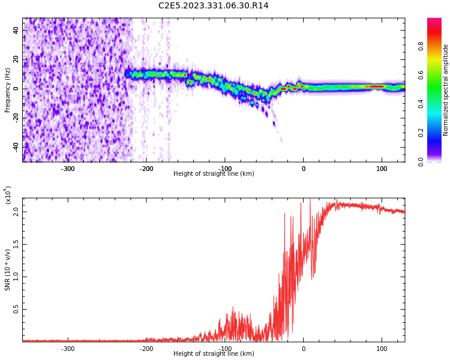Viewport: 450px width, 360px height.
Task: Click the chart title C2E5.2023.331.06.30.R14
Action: pyautogui.click(x=213, y=6)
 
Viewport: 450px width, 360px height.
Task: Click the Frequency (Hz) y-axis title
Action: pyautogui.click(x=8, y=90)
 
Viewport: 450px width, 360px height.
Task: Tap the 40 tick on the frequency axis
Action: pyautogui.click(x=16, y=30)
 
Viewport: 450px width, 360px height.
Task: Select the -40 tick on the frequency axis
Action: pyautogui.click(x=14, y=146)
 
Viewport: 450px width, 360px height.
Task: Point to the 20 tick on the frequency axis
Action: pyautogui.click(x=16, y=59)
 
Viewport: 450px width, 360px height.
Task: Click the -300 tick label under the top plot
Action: pyautogui.click(x=68, y=169)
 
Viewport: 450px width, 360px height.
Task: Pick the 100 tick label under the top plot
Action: pyautogui.click(x=382, y=169)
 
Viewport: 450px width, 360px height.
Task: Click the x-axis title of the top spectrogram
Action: pyautogui.click(x=214, y=174)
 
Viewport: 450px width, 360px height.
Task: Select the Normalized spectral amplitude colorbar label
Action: pyautogui.click(x=446, y=90)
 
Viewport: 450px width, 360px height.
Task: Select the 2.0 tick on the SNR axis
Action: pyautogui.click(x=16, y=212)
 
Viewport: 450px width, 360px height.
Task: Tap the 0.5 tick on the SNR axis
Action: pyautogui.click(x=16, y=310)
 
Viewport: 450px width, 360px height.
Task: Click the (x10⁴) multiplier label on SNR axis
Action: pyautogui.click(x=8, y=196)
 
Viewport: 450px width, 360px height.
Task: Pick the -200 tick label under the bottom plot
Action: pyautogui.click(x=146, y=349)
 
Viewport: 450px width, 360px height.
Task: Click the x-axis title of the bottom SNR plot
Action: pyautogui.click(x=214, y=354)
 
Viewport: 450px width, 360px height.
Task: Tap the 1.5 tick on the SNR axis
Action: pyautogui.click(x=16, y=244)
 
